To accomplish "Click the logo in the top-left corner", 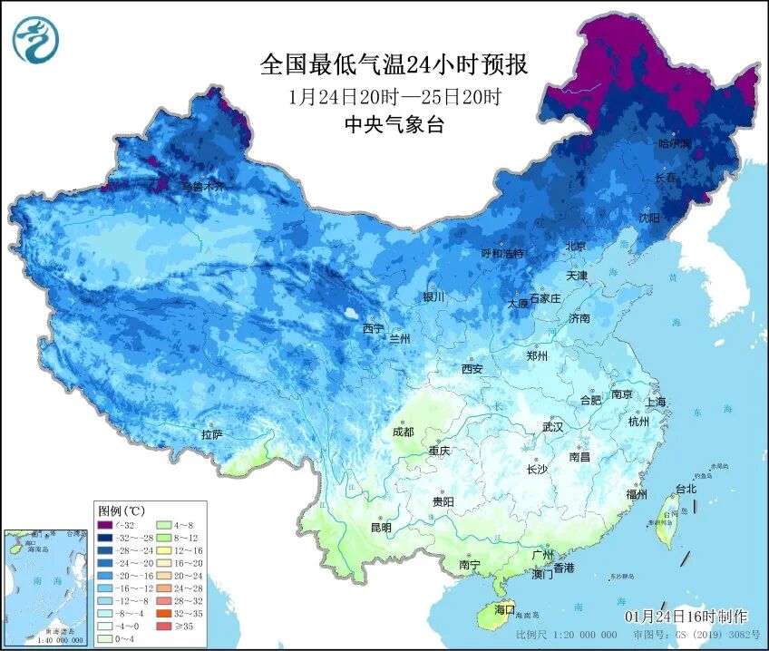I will (x=34, y=40).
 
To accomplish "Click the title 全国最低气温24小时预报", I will (x=394, y=64).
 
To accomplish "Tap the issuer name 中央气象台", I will (x=394, y=125).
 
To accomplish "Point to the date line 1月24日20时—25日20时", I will (x=394, y=96).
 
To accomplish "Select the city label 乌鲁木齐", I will (x=202, y=186).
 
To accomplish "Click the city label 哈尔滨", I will (x=674, y=144).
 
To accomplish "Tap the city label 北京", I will (x=576, y=246).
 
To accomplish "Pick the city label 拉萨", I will (x=212, y=435).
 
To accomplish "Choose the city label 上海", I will (x=656, y=402).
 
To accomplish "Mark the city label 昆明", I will (x=381, y=528).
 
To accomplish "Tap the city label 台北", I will (x=686, y=489).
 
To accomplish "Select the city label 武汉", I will (x=552, y=426).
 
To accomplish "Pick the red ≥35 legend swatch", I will (x=165, y=626).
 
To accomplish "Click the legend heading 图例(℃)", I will (x=122, y=510).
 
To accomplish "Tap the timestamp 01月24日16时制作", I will (x=686, y=616).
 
